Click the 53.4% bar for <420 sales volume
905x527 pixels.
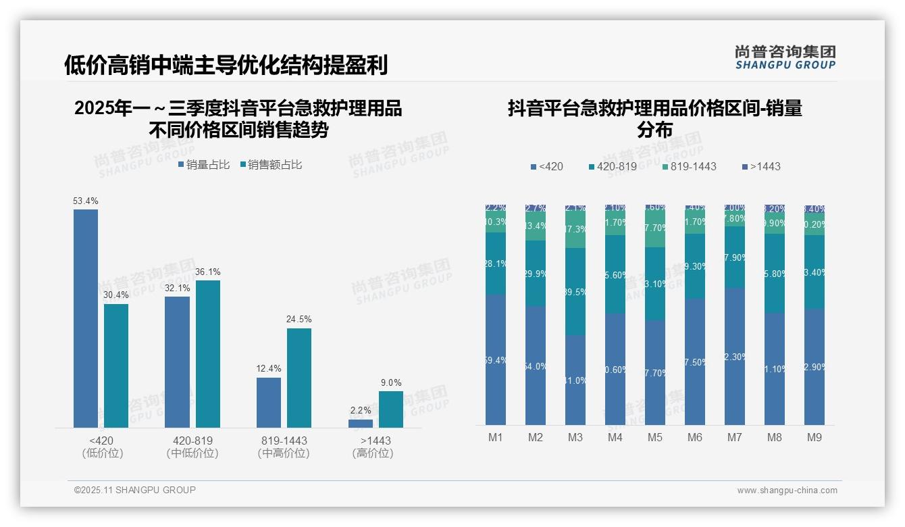pyautogui.click(x=86, y=318)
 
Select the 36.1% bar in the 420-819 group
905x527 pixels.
pyautogui.click(x=208, y=354)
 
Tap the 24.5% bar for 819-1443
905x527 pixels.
pyautogui.click(x=299, y=378)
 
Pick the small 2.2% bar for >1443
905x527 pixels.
pyautogui.click(x=361, y=424)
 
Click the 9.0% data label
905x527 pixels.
pyautogui.click(x=391, y=382)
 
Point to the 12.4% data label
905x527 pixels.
pyautogui.click(x=269, y=369)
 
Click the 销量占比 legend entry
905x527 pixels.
pyautogui.click(x=204, y=165)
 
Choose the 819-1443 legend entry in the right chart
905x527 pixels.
pyautogui.click(x=688, y=166)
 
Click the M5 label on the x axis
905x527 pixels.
pyautogui.click(x=655, y=438)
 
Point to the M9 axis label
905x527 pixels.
pyautogui.click(x=814, y=438)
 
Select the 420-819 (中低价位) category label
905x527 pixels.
pyautogui.click(x=192, y=447)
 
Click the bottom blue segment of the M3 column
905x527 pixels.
pyautogui.click(x=575, y=380)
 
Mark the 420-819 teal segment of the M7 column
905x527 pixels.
pyautogui.click(x=735, y=257)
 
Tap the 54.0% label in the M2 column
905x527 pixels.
pyautogui.click(x=536, y=366)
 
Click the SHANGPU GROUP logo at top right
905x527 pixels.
pyautogui.click(x=785, y=57)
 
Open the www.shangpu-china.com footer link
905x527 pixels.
pyautogui.click(x=787, y=491)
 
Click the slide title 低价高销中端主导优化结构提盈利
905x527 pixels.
pyautogui.click(x=226, y=65)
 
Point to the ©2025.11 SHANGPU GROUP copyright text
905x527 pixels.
pyautogui.click(x=135, y=490)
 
